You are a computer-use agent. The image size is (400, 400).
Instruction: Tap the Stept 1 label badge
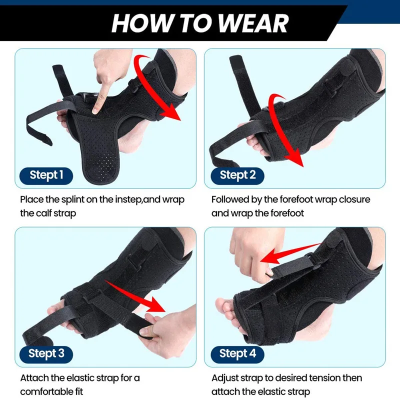46,175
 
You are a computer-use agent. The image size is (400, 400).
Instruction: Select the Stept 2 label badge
237,175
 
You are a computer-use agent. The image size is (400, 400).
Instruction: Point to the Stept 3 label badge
46,353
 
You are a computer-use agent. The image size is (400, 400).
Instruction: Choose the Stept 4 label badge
237,353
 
